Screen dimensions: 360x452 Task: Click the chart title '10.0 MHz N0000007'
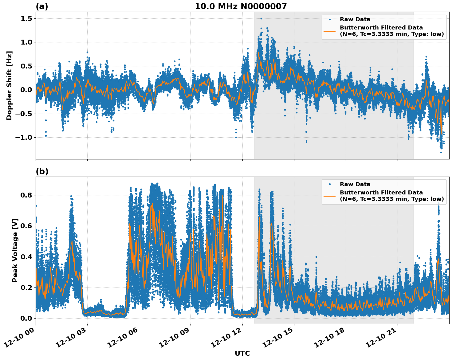click(241, 6)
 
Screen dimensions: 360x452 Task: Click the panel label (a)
click(42, 6)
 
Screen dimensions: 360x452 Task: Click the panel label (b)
click(42, 171)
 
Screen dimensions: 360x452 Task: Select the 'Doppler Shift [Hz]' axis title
click(9, 85)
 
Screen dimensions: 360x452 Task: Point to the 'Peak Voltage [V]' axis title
click(15, 250)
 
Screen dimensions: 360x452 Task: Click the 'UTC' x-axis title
click(242, 354)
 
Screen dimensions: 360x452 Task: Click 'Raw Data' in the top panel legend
click(355, 19)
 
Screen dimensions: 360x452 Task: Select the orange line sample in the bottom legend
click(330, 196)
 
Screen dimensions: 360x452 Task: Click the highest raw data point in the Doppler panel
click(261, 19)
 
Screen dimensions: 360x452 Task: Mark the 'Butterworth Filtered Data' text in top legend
click(381, 28)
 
